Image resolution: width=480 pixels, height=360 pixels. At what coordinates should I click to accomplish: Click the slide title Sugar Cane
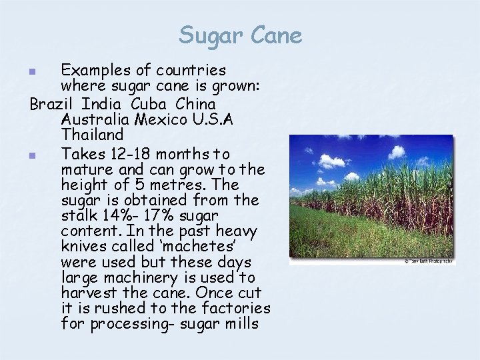pos(240,35)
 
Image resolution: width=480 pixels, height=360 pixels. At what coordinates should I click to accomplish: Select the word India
pos(101,105)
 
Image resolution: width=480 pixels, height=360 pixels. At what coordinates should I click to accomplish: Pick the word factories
pos(236,308)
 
